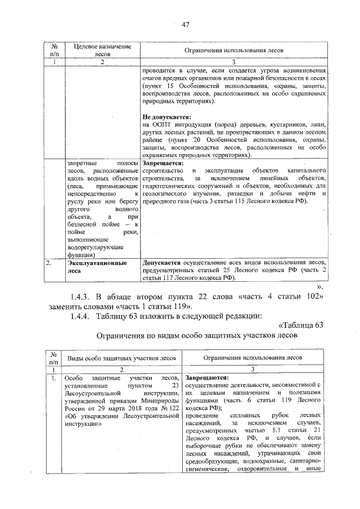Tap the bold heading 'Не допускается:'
[168, 116]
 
